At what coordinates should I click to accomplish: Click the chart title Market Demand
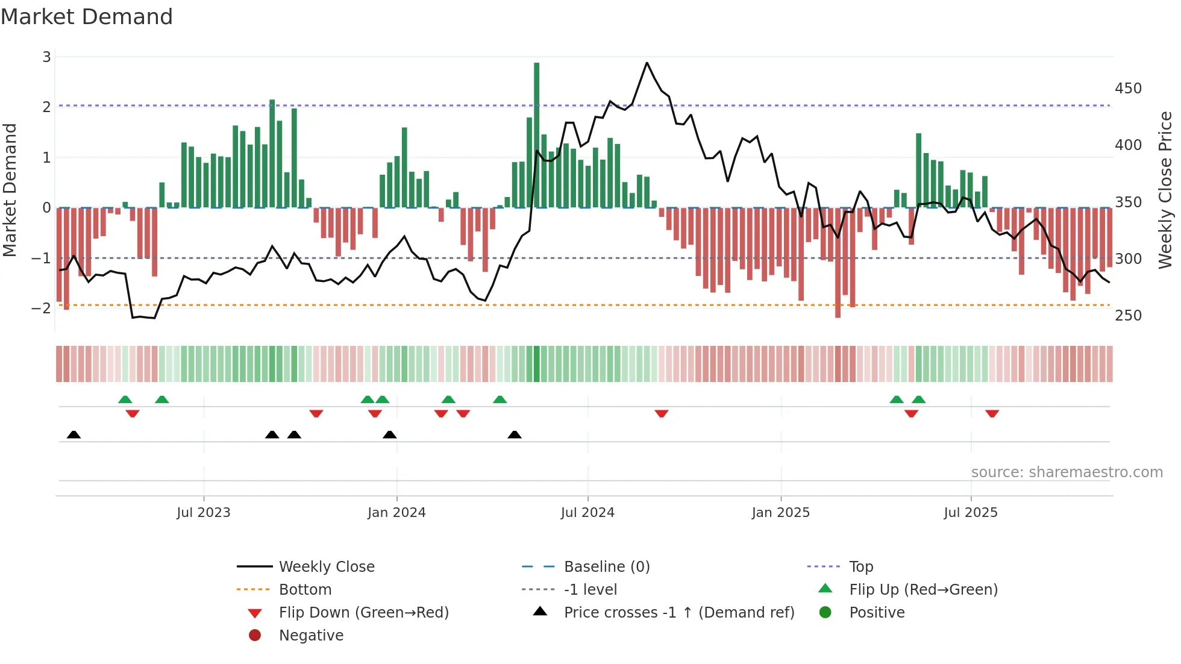[x=87, y=17]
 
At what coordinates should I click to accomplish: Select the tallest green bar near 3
[x=536, y=135]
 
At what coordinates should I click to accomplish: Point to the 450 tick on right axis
[x=1128, y=89]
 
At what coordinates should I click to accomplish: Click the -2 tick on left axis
[x=41, y=308]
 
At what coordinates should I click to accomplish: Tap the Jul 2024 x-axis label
[x=587, y=513]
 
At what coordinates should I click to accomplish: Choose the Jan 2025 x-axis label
[x=780, y=513]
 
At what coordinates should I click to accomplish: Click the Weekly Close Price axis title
[x=1165, y=190]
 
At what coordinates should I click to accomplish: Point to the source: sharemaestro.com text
[x=1067, y=472]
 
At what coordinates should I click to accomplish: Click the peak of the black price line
[x=647, y=63]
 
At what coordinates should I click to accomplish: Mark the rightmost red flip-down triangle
[x=992, y=413]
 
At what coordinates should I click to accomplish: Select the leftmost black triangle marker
[x=74, y=434]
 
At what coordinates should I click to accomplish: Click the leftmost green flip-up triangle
[x=125, y=399]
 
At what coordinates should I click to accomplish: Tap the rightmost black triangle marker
[x=514, y=434]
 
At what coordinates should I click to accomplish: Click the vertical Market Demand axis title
[x=10, y=190]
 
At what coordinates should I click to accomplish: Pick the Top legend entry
[x=860, y=566]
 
